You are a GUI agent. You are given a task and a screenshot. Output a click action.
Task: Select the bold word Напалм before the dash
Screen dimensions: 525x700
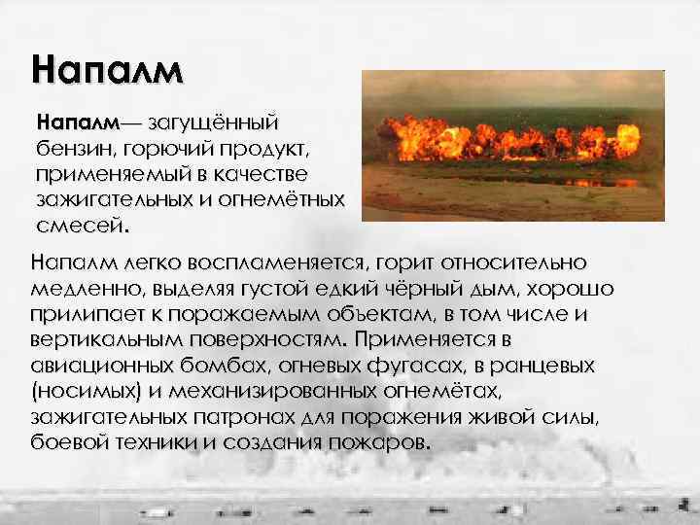tap(76, 124)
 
